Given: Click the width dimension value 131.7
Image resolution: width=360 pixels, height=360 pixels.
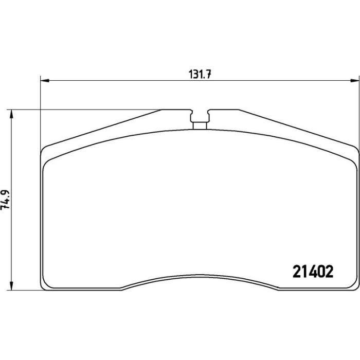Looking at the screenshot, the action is tap(200, 75).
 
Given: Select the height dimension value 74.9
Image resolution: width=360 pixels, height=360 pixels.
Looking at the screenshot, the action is tap(5, 200).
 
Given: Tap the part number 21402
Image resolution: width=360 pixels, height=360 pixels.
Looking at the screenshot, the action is tap(313, 272).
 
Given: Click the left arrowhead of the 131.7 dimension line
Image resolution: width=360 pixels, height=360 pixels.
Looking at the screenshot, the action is tap(45, 81).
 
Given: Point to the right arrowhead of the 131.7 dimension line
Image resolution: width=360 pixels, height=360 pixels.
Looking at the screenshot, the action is tap(354, 81).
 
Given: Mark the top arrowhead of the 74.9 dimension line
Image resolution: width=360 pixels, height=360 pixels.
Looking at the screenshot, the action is tap(11, 114).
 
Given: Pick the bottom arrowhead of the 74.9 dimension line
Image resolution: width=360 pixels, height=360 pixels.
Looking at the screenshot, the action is tap(11, 286).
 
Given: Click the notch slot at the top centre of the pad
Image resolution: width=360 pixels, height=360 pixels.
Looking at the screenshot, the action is tap(200, 116).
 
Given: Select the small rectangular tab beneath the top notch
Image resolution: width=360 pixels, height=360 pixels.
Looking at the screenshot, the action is tap(200, 126).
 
